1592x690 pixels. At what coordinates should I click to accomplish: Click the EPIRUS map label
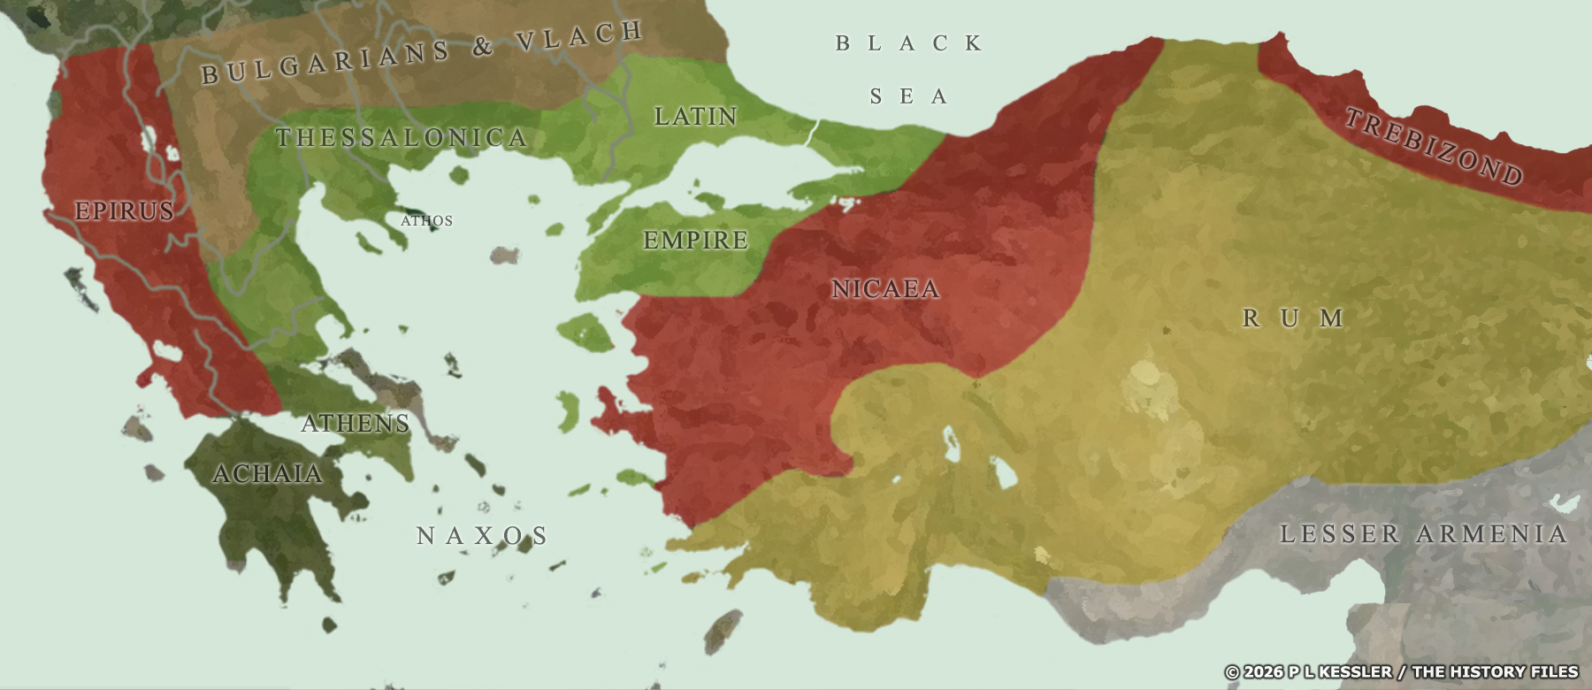[x=124, y=211]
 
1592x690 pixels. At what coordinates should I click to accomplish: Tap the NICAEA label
[x=885, y=288]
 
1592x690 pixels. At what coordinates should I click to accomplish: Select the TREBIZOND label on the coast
[x=1433, y=146]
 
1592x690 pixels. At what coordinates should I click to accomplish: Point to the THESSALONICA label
[x=402, y=138]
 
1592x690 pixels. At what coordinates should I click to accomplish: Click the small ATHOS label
[x=426, y=220]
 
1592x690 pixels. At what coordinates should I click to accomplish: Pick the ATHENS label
[x=356, y=423]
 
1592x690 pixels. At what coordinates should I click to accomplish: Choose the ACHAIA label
[x=268, y=474]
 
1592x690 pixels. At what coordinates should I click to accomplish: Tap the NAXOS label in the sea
[x=482, y=535]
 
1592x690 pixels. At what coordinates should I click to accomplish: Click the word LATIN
[x=695, y=116]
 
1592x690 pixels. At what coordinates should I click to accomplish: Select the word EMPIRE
[x=695, y=240]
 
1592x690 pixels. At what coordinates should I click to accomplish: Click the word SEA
[x=909, y=96]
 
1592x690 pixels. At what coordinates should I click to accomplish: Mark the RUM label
[x=1293, y=318]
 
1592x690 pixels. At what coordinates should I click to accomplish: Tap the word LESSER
[x=1340, y=533]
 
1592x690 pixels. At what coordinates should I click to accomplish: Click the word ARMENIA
[x=1491, y=533]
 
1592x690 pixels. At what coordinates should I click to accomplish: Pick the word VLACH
[x=579, y=36]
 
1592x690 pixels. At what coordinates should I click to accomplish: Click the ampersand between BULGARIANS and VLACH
[x=482, y=47]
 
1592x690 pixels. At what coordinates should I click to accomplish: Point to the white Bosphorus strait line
[x=810, y=133]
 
